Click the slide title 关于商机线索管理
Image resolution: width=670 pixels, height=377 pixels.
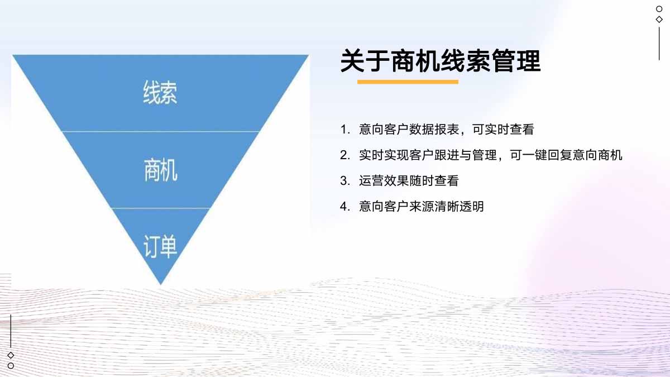point(441,61)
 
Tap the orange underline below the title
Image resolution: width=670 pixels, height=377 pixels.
point(408,82)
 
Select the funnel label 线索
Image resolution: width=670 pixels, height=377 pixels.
point(160,93)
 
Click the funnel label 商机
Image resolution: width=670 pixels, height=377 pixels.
point(161,170)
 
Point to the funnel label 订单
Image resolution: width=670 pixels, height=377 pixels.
point(160,246)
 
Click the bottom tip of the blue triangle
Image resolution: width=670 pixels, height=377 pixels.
point(161,284)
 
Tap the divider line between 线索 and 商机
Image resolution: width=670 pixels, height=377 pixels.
point(160,131)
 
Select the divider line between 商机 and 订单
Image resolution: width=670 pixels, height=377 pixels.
point(161,208)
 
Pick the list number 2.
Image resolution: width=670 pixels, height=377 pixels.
point(345,155)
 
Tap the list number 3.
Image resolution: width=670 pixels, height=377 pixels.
point(345,181)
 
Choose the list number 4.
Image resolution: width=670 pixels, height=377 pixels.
point(345,207)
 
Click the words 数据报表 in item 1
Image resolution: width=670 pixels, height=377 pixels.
point(434,130)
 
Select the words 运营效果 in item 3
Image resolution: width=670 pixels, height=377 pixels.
point(384,181)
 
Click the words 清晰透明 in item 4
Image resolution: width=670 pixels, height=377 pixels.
point(459,207)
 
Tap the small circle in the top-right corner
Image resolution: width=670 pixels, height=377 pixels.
point(659,9)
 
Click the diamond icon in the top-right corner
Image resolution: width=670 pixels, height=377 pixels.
point(659,20)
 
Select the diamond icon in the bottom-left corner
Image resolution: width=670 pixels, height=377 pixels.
point(11,355)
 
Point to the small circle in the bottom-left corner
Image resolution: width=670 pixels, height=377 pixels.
point(11,366)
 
